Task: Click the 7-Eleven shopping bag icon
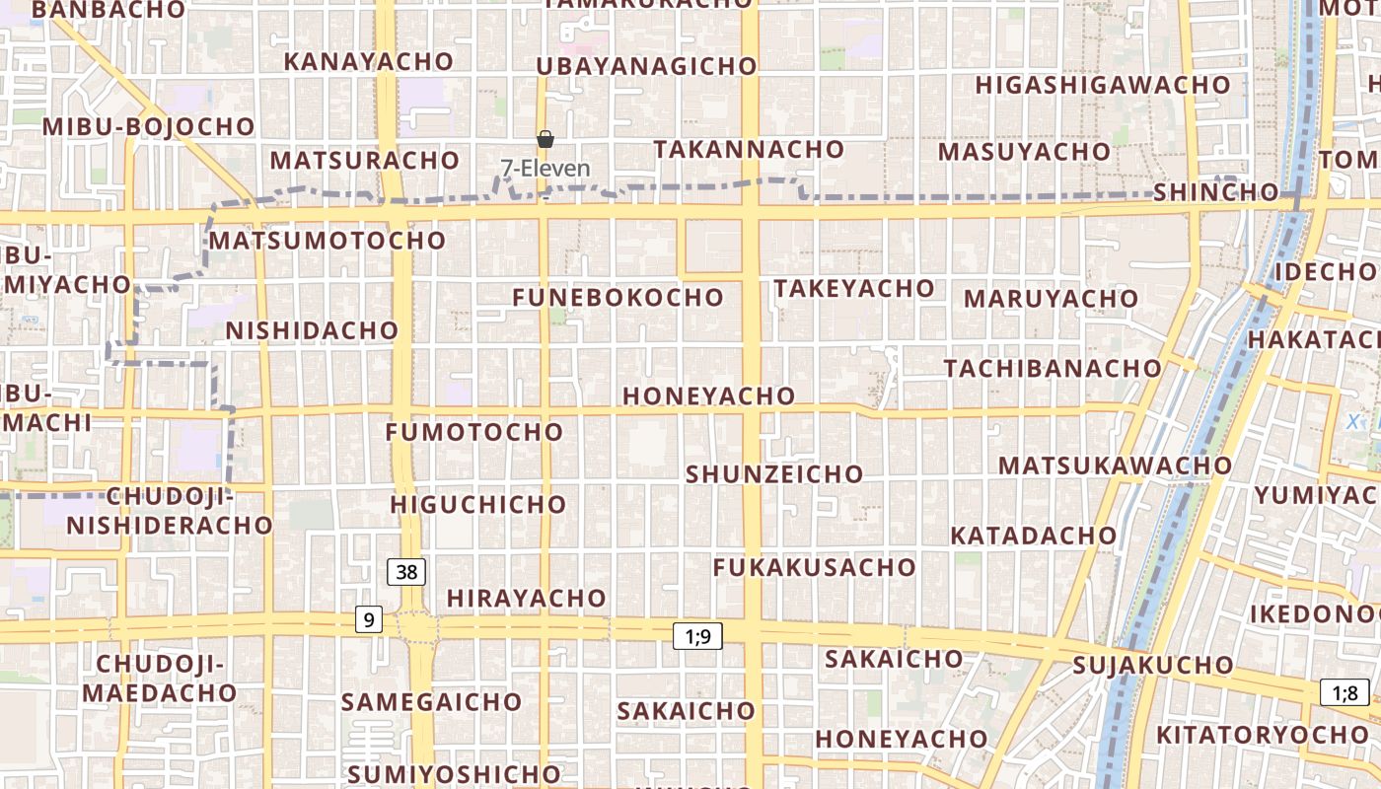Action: [x=545, y=139]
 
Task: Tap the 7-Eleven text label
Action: [x=545, y=169]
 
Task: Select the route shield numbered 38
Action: [x=406, y=571]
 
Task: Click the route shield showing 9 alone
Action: [x=369, y=619]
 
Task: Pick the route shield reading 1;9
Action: [x=697, y=636]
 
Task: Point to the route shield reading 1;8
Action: [x=1345, y=692]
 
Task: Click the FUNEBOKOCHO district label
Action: [x=618, y=297]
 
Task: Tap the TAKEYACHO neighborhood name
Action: [x=854, y=288]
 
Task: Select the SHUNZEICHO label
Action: [x=774, y=473]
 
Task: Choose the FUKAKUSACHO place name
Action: [x=815, y=567]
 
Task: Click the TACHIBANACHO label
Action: [x=1053, y=368]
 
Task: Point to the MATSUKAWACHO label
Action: [x=1116, y=465]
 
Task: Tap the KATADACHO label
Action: [x=1034, y=536]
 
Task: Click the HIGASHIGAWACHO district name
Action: [x=1103, y=85]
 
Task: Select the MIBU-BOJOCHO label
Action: [x=149, y=126]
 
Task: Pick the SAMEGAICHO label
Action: [x=431, y=702]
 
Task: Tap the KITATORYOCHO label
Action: [x=1263, y=735]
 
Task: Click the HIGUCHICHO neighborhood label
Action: [x=478, y=504]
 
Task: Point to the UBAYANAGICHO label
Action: [x=647, y=66]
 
